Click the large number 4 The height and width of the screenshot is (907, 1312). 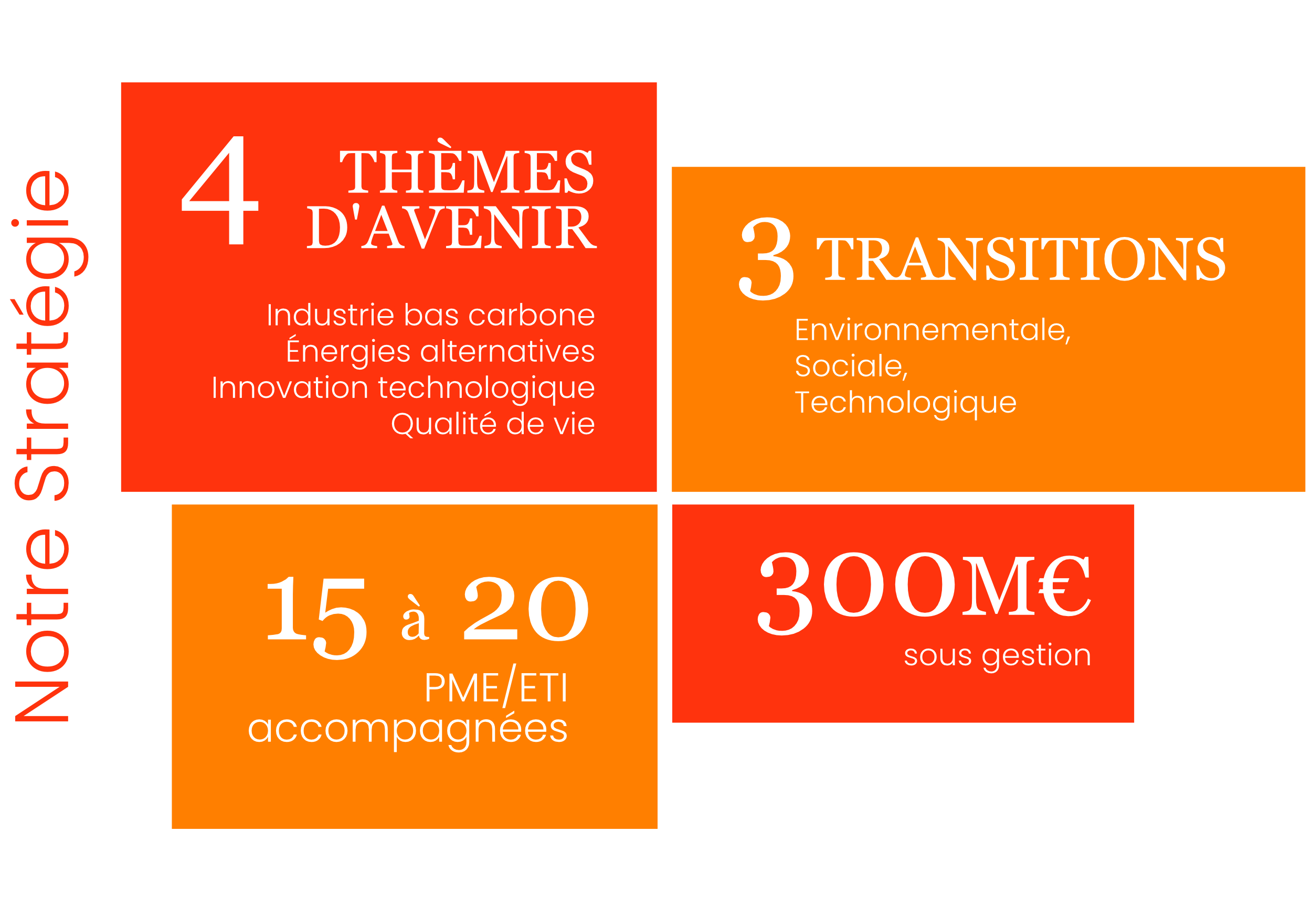[x=220, y=190]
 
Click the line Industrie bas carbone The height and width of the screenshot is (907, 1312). [x=430, y=316]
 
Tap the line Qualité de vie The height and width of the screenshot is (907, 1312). [x=492, y=424]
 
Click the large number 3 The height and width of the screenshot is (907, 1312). [x=767, y=259]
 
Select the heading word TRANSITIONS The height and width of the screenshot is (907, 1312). [x=1021, y=258]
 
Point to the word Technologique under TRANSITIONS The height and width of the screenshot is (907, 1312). [x=905, y=404]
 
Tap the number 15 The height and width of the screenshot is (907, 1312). [x=316, y=618]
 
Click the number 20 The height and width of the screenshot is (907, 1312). [x=526, y=609]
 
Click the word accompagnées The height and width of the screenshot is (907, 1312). [x=408, y=730]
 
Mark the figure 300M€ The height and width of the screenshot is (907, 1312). [x=924, y=593]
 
